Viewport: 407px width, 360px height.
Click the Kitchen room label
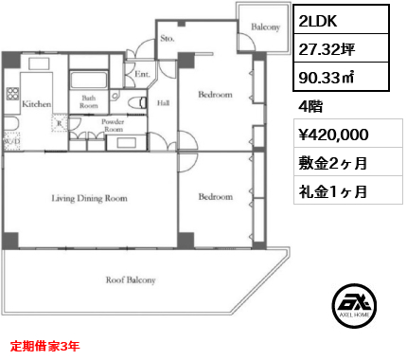[x=37, y=104]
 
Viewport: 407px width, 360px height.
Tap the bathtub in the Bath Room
[x=89, y=80]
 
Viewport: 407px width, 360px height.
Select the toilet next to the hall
[x=138, y=102]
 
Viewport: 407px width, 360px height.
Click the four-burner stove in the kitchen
[x=12, y=94]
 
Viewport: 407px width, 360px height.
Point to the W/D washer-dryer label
[x=11, y=141]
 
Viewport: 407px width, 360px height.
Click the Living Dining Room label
[x=90, y=198]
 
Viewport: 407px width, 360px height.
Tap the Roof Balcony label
[x=131, y=280]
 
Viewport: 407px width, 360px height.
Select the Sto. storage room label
[x=168, y=39]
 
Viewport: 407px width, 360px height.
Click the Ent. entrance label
[x=142, y=74]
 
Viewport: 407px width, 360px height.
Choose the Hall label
[x=163, y=103]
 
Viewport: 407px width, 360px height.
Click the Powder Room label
[x=113, y=125]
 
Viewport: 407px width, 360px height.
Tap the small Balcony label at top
[x=266, y=27]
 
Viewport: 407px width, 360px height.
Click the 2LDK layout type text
[x=318, y=21]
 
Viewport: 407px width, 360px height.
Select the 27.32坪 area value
[x=327, y=49]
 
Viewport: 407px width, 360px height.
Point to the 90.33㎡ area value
[x=326, y=78]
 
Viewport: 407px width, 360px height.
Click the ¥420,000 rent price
[x=333, y=135]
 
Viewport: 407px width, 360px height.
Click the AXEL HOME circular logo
[x=354, y=306]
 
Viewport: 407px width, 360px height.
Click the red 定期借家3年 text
[x=44, y=346]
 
